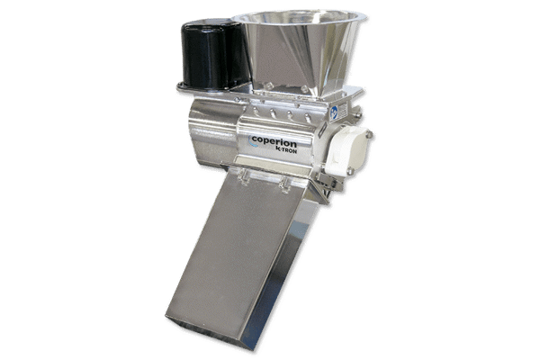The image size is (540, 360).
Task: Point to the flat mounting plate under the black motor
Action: [x=202, y=90]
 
